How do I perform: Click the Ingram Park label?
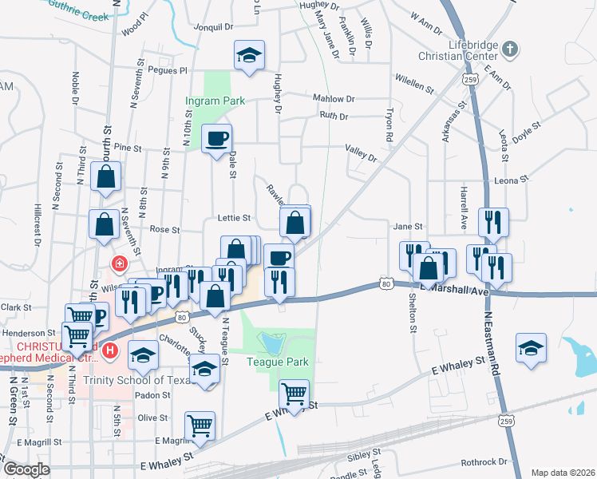[215, 101]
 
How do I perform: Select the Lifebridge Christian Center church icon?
[510, 49]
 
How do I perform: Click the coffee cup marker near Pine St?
[216, 139]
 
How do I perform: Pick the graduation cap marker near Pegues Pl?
[249, 55]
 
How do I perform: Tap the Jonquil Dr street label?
[208, 26]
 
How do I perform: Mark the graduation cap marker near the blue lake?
[531, 348]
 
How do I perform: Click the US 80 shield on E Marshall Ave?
[386, 283]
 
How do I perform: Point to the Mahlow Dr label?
[332, 99]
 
